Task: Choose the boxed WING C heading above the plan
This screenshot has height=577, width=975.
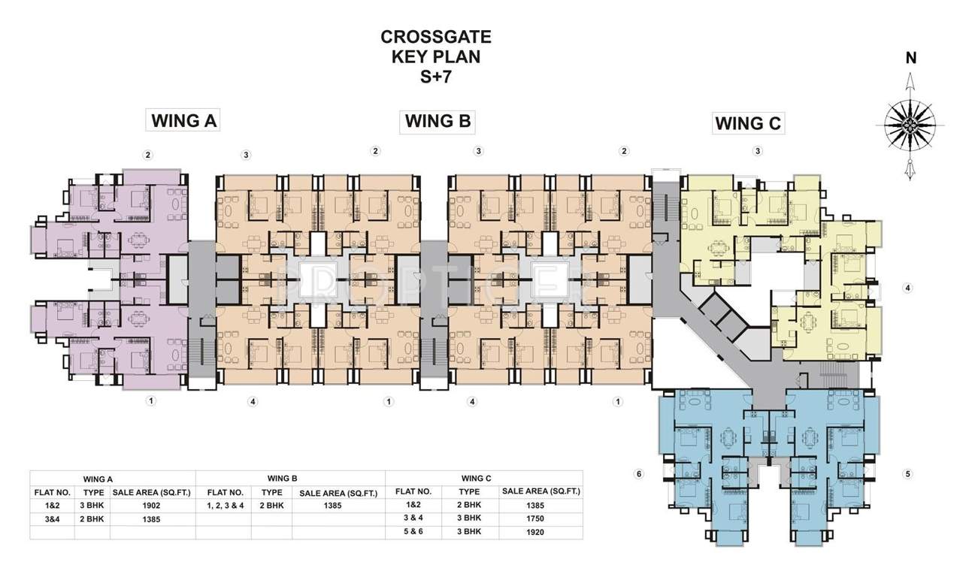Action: [x=748, y=123]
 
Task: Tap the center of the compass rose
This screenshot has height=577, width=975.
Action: [x=910, y=120]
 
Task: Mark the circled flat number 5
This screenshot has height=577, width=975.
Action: [x=908, y=474]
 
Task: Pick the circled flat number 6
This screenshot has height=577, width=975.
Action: [x=638, y=474]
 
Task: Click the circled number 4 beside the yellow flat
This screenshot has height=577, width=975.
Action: [x=908, y=288]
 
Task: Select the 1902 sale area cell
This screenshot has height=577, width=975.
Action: [x=152, y=506]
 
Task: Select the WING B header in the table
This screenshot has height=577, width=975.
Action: [x=282, y=478]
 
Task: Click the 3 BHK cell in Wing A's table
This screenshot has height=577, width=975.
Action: [x=92, y=506]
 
